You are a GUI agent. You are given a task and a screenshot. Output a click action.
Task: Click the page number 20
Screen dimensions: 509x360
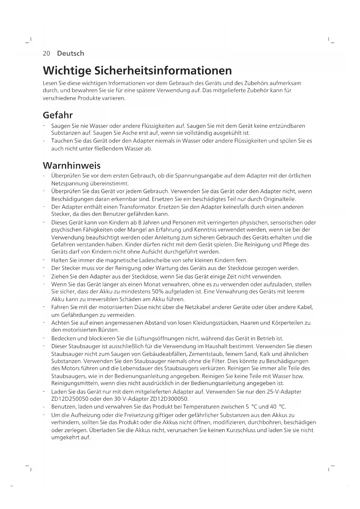46,53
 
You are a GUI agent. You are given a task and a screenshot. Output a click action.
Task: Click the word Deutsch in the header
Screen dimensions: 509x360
70,53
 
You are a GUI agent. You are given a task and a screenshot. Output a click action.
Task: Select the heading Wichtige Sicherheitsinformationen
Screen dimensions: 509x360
137,71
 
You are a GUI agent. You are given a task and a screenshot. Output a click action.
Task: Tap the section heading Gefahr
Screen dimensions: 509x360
58,115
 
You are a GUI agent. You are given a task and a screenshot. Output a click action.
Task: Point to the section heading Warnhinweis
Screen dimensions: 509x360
72,166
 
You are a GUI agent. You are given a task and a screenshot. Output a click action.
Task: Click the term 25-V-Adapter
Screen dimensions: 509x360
284,392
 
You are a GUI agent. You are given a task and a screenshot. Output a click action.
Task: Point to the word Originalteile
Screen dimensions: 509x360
279,199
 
